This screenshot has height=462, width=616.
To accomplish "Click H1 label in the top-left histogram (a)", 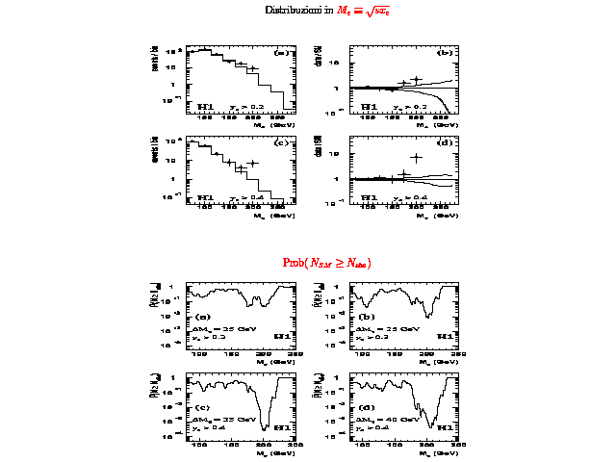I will [x=205, y=106].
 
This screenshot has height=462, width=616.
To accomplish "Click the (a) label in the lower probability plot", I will [x=203, y=317].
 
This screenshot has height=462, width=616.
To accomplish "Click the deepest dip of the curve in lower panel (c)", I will [x=264, y=426].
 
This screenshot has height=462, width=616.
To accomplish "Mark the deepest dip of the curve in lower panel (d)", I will [x=432, y=425].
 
